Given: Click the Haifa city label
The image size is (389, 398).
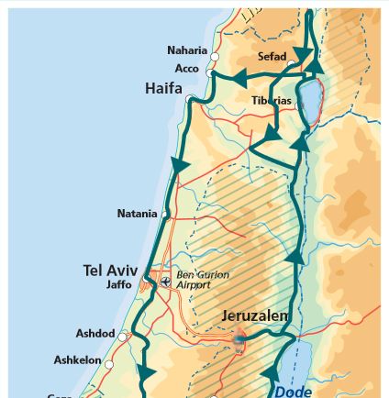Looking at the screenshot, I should pyautogui.click(x=163, y=89).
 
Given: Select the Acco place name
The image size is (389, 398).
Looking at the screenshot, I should pyautogui.click(x=186, y=69).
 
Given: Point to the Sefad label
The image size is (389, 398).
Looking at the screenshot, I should pyautogui.click(x=272, y=57).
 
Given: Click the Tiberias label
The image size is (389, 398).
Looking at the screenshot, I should pyautogui.click(x=272, y=100).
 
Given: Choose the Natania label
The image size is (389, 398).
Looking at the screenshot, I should pyautogui.click(x=137, y=214).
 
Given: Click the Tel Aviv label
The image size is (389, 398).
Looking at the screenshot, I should pyautogui.click(x=110, y=271).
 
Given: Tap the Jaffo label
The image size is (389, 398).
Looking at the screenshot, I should pyautogui.click(x=119, y=284).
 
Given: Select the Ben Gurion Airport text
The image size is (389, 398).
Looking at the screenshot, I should pyautogui.click(x=202, y=280).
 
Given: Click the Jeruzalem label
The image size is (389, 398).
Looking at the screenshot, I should pyautogui.click(x=255, y=316).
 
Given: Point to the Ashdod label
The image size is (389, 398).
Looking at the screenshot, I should pyautogui.click(x=95, y=334).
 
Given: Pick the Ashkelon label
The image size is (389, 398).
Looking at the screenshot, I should pyautogui.click(x=78, y=360).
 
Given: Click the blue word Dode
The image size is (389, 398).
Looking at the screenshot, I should pyautogui.click(x=294, y=390).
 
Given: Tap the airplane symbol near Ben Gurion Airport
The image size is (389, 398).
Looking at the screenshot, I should pyautogui.click(x=165, y=282).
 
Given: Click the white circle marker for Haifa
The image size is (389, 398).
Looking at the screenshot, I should pyautogui.click(x=190, y=98).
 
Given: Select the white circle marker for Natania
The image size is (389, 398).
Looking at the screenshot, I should pyautogui.click(x=165, y=214).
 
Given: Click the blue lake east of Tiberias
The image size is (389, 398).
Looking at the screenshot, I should pyautogui.click(x=310, y=94).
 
